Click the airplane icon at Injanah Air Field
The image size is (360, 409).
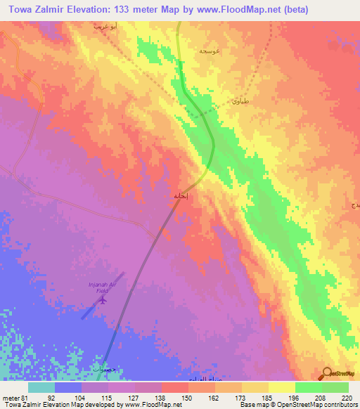pos(103,300)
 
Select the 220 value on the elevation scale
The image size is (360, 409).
pos(346,397)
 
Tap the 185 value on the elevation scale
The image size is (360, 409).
pos(257,397)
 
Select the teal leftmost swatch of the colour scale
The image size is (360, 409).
pos(41,387)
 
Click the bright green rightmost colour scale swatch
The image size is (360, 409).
pos(335,387)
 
